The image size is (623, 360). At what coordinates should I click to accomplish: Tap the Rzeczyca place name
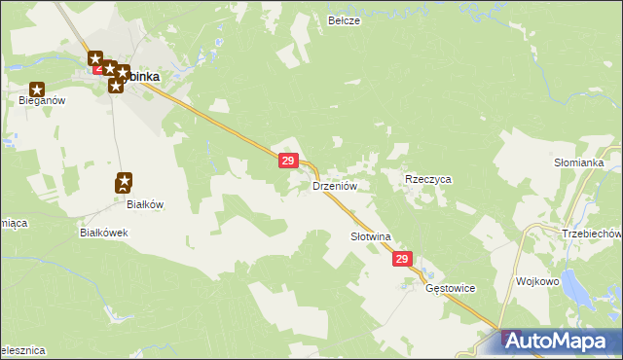coord(428,180)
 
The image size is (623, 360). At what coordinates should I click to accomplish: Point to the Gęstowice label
coord(449,289)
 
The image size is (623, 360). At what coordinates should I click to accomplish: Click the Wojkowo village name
coord(538,281)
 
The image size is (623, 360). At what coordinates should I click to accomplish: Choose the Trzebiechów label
coord(591,234)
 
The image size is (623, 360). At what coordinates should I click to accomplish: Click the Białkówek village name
coord(104,234)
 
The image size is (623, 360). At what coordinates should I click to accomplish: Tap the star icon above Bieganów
coord(37,89)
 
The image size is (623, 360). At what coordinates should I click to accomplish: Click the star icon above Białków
coord(125,181)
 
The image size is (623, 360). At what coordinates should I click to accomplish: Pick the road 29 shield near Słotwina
coord(404,260)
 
